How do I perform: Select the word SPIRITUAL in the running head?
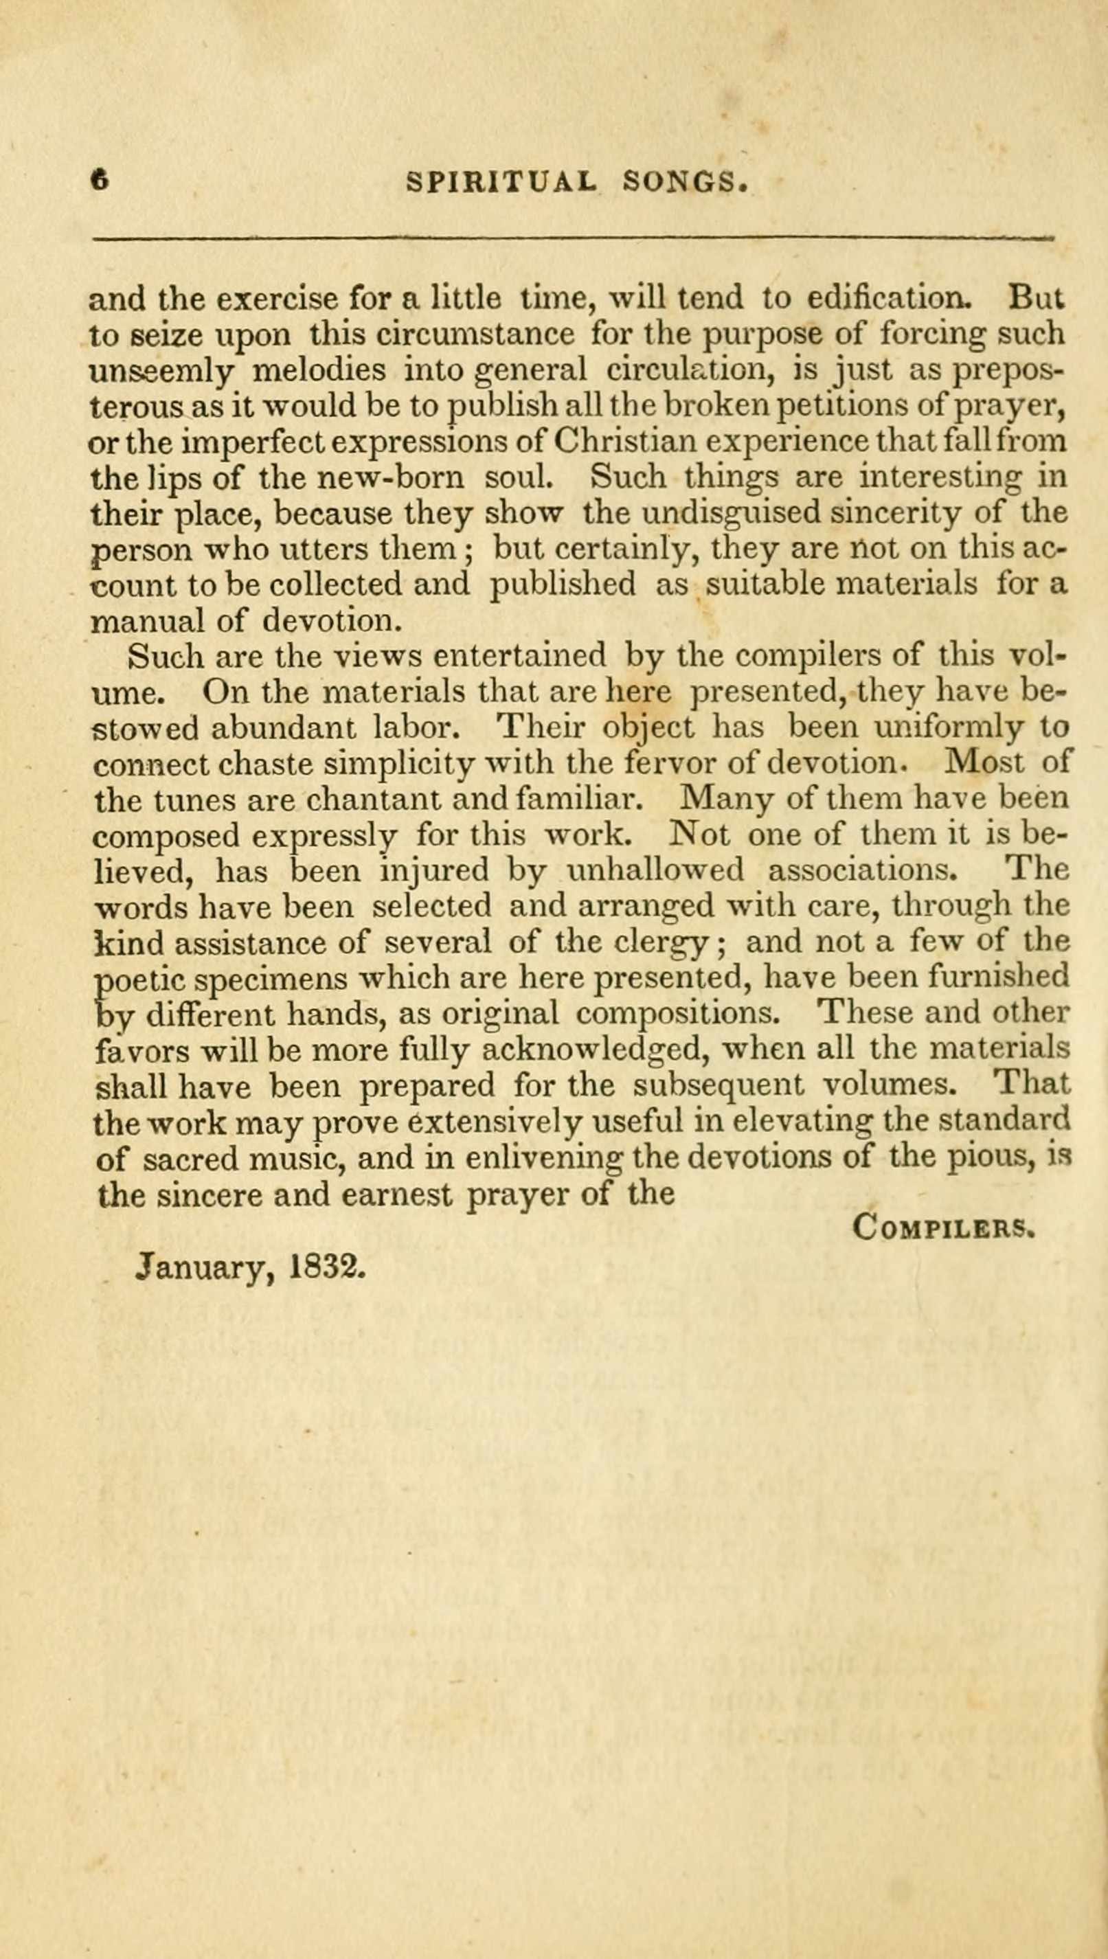pos(502,182)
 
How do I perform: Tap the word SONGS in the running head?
pos(683,182)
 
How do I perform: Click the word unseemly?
pos(161,371)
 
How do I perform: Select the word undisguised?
pos(732,513)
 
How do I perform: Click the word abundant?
pos(284,728)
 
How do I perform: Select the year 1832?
pos(329,1265)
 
